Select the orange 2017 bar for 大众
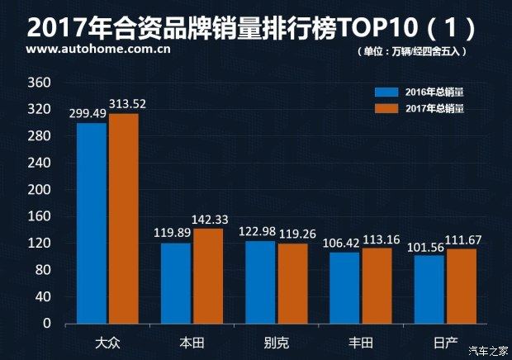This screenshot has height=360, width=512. pos(123,218)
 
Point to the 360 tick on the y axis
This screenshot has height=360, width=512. pos(39,83)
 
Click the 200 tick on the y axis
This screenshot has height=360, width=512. pos(39,189)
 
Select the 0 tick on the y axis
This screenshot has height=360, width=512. pos(47,323)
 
